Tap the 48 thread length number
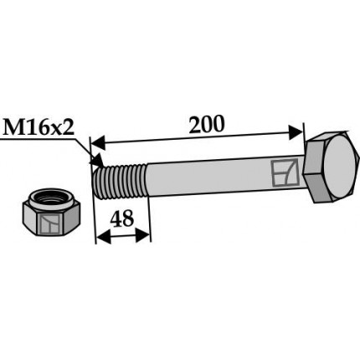tap(124, 219)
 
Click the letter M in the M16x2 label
tap(15, 128)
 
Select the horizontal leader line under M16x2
tap(42, 142)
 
